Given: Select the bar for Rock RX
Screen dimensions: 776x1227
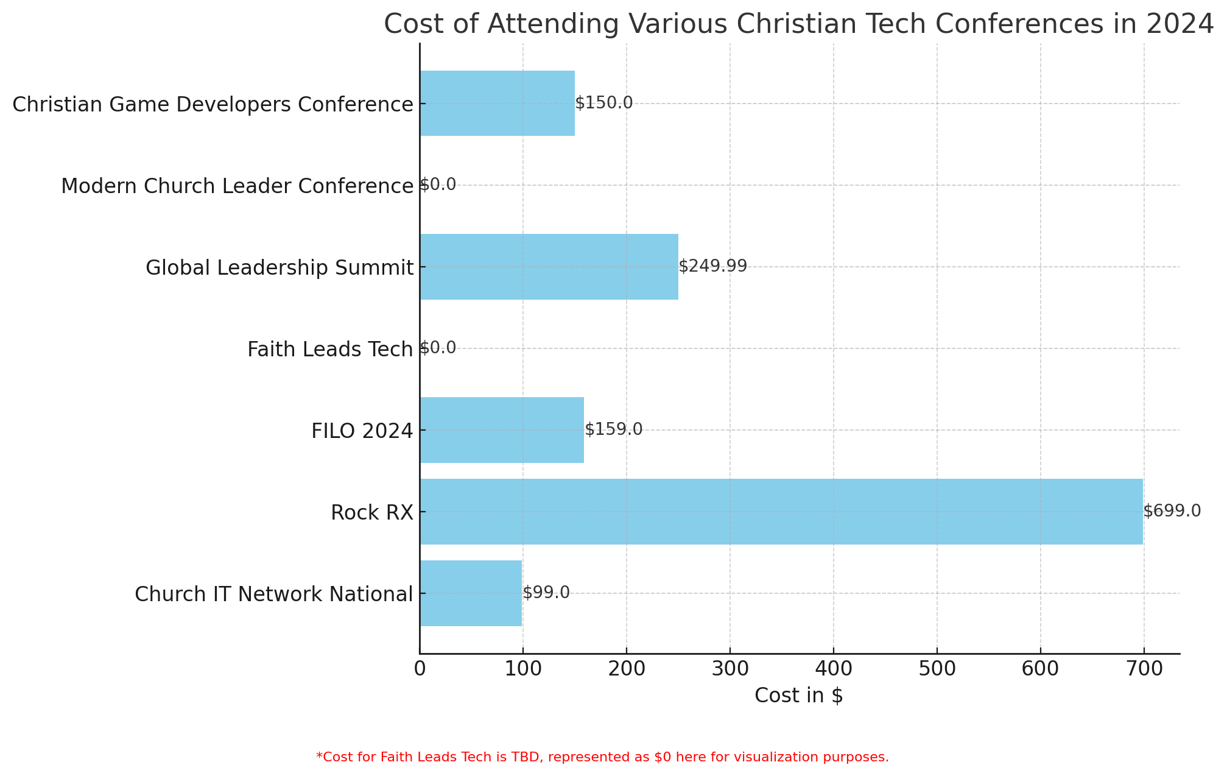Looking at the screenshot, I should pos(781,512).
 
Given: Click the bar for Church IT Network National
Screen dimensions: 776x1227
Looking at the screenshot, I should pos(471,593).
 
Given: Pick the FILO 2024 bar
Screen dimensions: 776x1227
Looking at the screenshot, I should pos(502,430).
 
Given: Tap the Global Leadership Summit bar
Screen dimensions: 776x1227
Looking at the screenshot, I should pos(549,267).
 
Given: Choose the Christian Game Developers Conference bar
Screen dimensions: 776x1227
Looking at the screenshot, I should pos(497,104).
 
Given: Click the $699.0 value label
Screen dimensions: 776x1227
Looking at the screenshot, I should pos(1172,511).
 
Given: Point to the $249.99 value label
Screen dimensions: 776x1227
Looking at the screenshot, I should pos(712,266).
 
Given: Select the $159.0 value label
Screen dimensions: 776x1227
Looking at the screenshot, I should pos(613,429).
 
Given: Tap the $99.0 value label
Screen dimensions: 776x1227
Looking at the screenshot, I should pos(546,593).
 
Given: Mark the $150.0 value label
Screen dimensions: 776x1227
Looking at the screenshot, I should pos(604,103).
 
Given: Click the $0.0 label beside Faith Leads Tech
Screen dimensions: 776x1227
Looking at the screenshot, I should pos(438,348).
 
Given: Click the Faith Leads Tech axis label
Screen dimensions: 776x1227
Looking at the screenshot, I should pos(330,350).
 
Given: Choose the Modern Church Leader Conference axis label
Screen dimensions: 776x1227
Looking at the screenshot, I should pos(237,186).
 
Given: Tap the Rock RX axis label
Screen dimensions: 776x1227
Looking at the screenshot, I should pos(372,513).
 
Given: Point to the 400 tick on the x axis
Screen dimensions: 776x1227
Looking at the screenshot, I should pos(833,669).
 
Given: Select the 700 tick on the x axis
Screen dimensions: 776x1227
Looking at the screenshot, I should pos(1144,669).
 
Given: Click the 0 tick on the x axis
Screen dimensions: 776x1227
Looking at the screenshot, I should pos(420,669).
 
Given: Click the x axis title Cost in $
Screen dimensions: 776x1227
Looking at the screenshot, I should pos(798,696).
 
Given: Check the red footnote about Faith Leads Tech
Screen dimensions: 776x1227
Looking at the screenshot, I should pos(602,757).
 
